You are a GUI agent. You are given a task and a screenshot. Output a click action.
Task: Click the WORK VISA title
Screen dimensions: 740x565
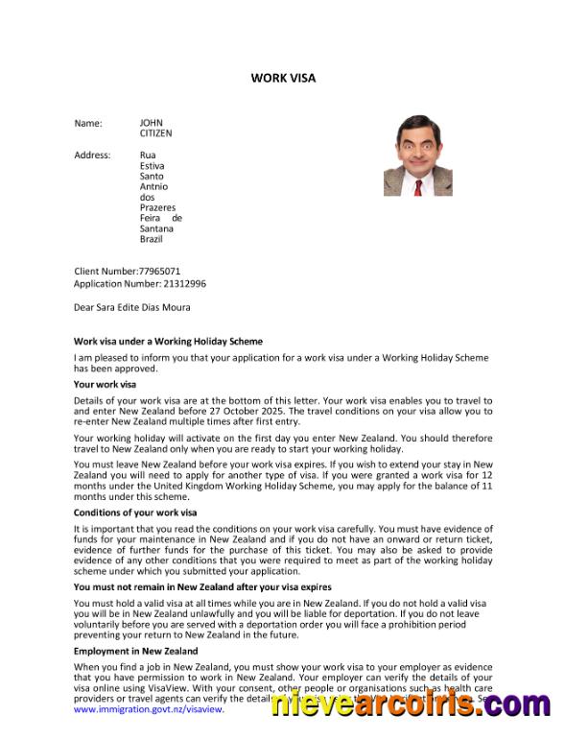(x=283, y=78)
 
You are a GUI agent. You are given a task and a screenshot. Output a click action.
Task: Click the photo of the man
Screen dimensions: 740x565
(x=417, y=156)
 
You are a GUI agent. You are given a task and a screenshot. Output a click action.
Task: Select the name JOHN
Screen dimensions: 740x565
(x=152, y=123)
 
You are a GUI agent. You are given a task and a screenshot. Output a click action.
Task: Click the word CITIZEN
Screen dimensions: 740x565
(x=156, y=133)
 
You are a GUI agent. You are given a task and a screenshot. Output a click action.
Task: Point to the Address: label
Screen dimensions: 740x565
(x=92, y=155)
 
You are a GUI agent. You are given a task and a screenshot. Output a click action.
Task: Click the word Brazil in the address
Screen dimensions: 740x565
(x=152, y=239)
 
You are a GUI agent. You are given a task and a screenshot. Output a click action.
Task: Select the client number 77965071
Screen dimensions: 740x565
(x=159, y=272)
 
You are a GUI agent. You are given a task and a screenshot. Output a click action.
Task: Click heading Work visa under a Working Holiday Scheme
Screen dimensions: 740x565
(x=168, y=342)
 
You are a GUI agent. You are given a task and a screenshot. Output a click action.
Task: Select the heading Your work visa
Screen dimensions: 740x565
(x=106, y=385)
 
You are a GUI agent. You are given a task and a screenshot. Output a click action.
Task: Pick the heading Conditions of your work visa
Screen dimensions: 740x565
(x=135, y=513)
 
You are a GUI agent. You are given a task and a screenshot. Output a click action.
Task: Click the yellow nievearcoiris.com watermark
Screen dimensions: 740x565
(x=410, y=704)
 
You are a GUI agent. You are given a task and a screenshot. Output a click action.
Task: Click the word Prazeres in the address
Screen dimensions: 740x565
(x=158, y=207)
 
